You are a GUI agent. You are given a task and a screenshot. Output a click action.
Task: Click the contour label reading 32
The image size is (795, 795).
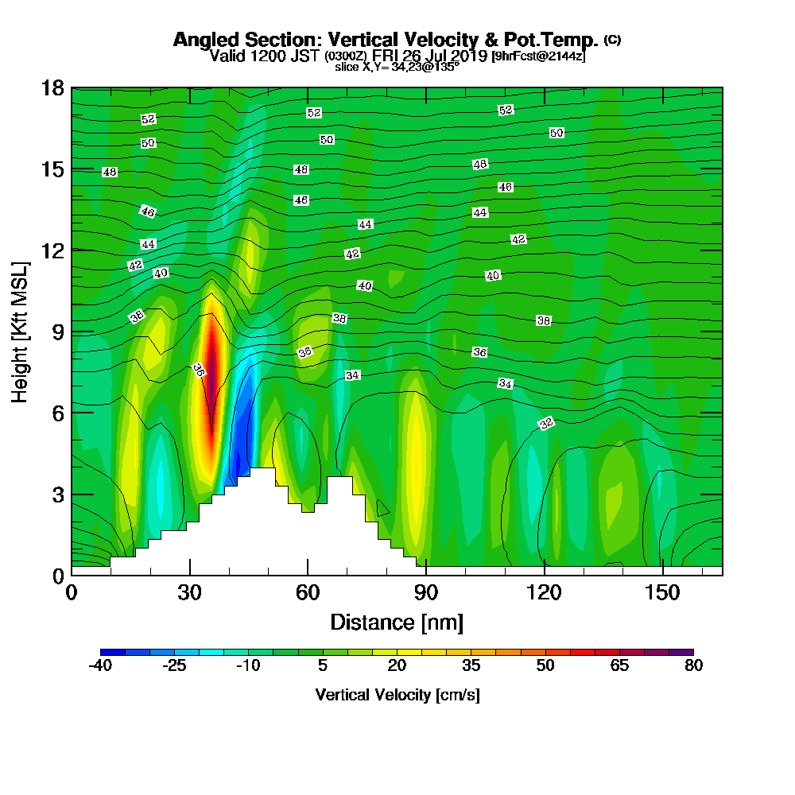click(x=546, y=424)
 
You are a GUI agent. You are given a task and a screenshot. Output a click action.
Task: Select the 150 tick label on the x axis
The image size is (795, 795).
click(x=662, y=593)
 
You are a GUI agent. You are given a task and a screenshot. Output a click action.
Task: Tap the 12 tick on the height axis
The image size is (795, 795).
click(x=72, y=250)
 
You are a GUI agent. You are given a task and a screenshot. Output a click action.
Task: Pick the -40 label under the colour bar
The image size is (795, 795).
click(x=100, y=666)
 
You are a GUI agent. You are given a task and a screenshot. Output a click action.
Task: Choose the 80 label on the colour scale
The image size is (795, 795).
click(x=693, y=666)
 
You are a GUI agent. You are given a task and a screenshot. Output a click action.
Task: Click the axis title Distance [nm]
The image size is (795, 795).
click(x=397, y=622)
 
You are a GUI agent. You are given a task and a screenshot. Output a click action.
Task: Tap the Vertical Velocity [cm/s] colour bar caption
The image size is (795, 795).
click(x=397, y=695)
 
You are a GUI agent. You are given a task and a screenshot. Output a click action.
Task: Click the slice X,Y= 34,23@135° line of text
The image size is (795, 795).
click(x=397, y=68)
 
